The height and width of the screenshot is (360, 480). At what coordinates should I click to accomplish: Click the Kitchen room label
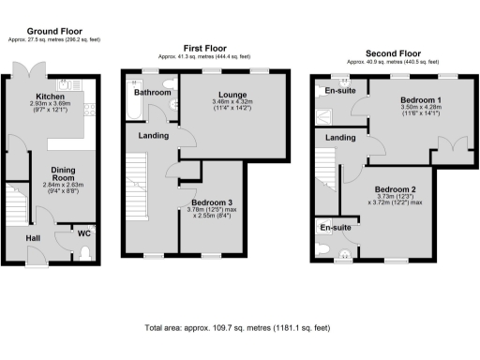50,96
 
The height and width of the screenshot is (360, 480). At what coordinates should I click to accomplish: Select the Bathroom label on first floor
151,94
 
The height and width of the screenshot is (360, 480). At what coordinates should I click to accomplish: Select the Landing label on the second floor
339,138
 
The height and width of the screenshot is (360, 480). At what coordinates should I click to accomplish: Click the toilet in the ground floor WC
85,252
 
